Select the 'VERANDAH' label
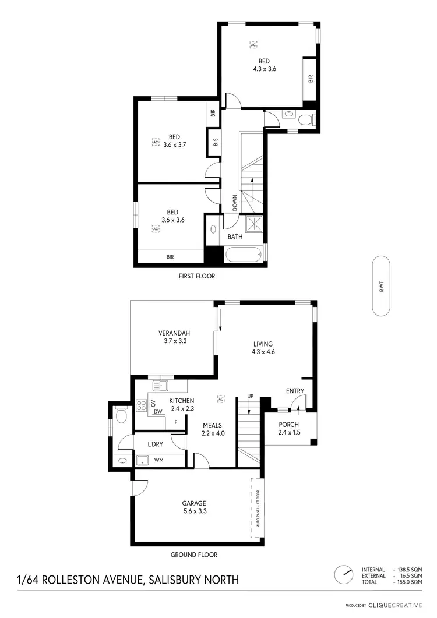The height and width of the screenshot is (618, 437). coord(174,333)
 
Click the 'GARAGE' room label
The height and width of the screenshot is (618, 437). coord(194,503)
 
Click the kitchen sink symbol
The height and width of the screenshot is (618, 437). coord(160,385)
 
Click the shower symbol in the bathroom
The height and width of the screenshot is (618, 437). coord(253,223)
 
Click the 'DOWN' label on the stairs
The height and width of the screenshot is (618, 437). coord(235,202)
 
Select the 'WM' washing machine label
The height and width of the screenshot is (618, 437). coord(158,461)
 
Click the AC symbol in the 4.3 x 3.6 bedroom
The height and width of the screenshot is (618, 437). coord(253,44)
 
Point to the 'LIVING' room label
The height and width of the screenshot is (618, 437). coord(263,344)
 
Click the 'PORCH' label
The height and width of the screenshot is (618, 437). coord(289,424)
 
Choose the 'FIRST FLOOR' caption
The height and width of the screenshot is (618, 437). coord(196,276)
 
